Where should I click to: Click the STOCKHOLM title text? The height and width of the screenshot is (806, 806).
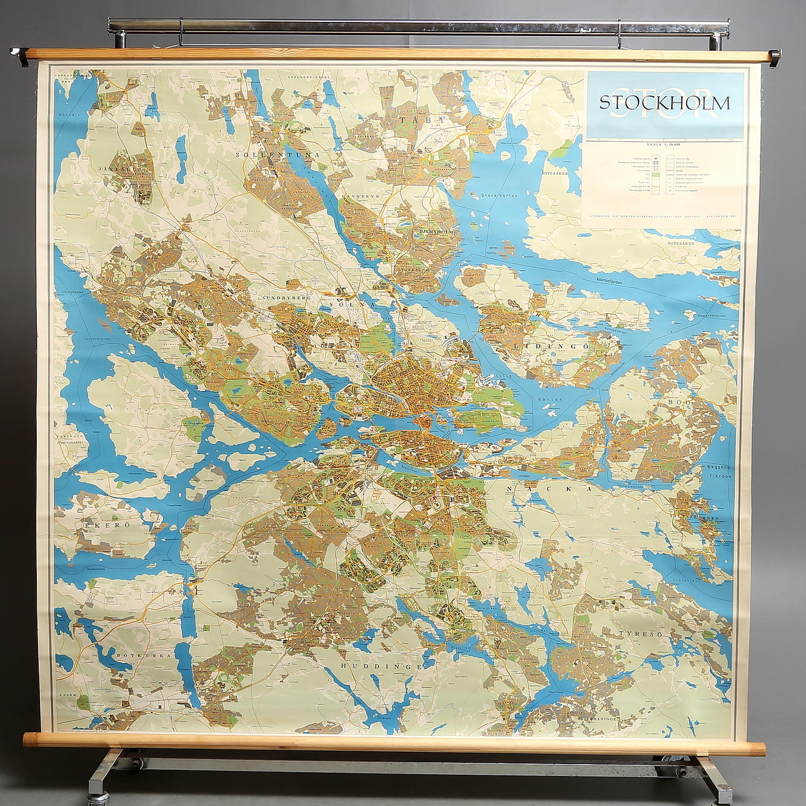[x=664, y=103]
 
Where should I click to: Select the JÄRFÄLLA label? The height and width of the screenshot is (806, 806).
[x=121, y=169]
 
